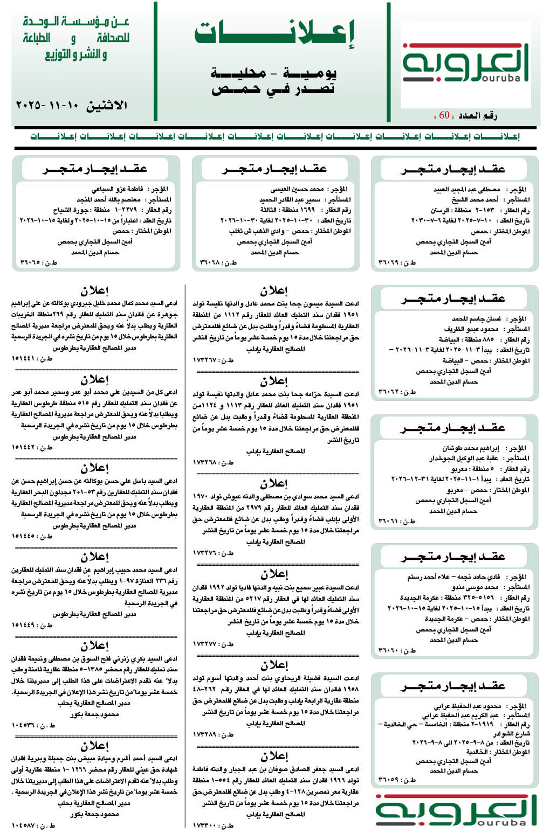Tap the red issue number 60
click(x=444, y=115)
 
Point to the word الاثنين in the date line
click(x=107, y=105)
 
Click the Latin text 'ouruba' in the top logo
click(x=500, y=79)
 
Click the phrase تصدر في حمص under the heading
click(x=273, y=89)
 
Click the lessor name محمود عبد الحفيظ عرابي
click(x=467, y=706)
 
